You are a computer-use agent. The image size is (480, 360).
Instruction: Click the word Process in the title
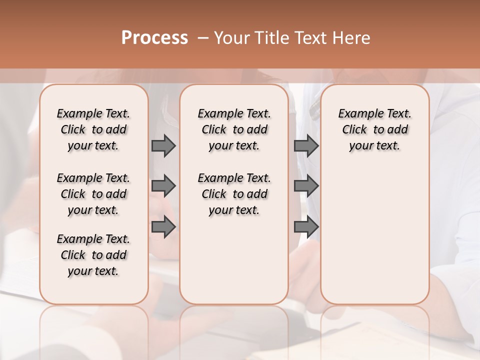154,37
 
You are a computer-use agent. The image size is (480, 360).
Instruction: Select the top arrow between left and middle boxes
163,145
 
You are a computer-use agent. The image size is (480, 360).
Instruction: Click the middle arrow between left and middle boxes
163,186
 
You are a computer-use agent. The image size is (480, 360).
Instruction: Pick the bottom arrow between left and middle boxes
163,227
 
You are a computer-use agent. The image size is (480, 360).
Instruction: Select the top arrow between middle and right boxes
306,145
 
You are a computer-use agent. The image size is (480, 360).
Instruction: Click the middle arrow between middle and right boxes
306,186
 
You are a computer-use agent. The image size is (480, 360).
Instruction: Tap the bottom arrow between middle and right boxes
306,227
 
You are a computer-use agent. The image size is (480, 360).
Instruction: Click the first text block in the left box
93,129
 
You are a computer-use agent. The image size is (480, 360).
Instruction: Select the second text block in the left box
93,194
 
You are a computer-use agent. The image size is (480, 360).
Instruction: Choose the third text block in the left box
93,255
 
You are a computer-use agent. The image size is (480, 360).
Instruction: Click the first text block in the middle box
234,129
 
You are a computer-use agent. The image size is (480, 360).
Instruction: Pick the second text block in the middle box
234,194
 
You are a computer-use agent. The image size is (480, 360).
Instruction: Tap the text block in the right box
375,129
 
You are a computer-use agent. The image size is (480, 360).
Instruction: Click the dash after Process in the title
203,38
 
